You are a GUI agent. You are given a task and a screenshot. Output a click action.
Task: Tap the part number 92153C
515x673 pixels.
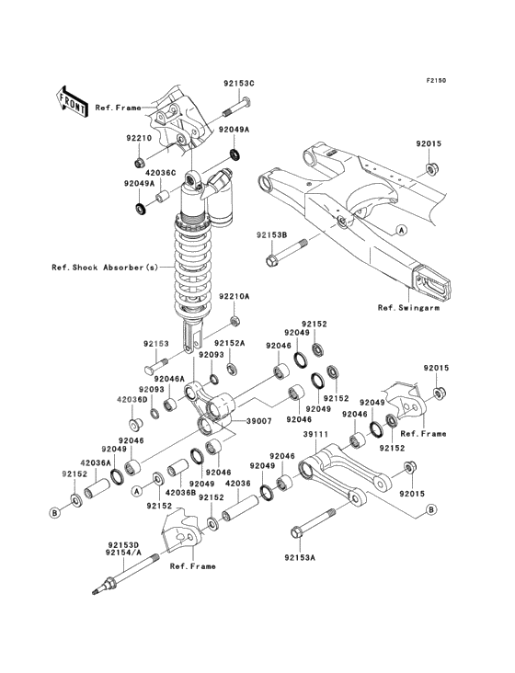238,84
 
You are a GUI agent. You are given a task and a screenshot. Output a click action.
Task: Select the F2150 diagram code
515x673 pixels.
436,80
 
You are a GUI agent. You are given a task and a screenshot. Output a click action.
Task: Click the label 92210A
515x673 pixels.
235,297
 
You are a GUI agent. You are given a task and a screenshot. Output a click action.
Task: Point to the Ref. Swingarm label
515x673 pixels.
408,307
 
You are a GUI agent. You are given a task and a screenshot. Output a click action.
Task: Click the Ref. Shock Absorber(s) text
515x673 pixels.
105,268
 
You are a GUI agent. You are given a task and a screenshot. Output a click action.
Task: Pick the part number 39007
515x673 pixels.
258,421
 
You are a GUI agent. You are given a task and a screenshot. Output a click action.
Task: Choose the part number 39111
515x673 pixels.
315,434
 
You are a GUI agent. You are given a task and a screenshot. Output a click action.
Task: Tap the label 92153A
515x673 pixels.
300,557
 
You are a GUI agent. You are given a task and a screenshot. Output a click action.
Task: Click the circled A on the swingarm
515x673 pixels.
401,231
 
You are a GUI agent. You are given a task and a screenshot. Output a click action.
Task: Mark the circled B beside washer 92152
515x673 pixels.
54,512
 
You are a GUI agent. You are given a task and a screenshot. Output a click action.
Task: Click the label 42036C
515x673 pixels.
161,173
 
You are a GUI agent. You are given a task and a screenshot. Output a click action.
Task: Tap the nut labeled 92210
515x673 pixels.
139,163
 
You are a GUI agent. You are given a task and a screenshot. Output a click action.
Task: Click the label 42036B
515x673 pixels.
180,493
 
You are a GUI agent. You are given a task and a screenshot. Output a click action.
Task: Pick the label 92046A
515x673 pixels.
169,379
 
